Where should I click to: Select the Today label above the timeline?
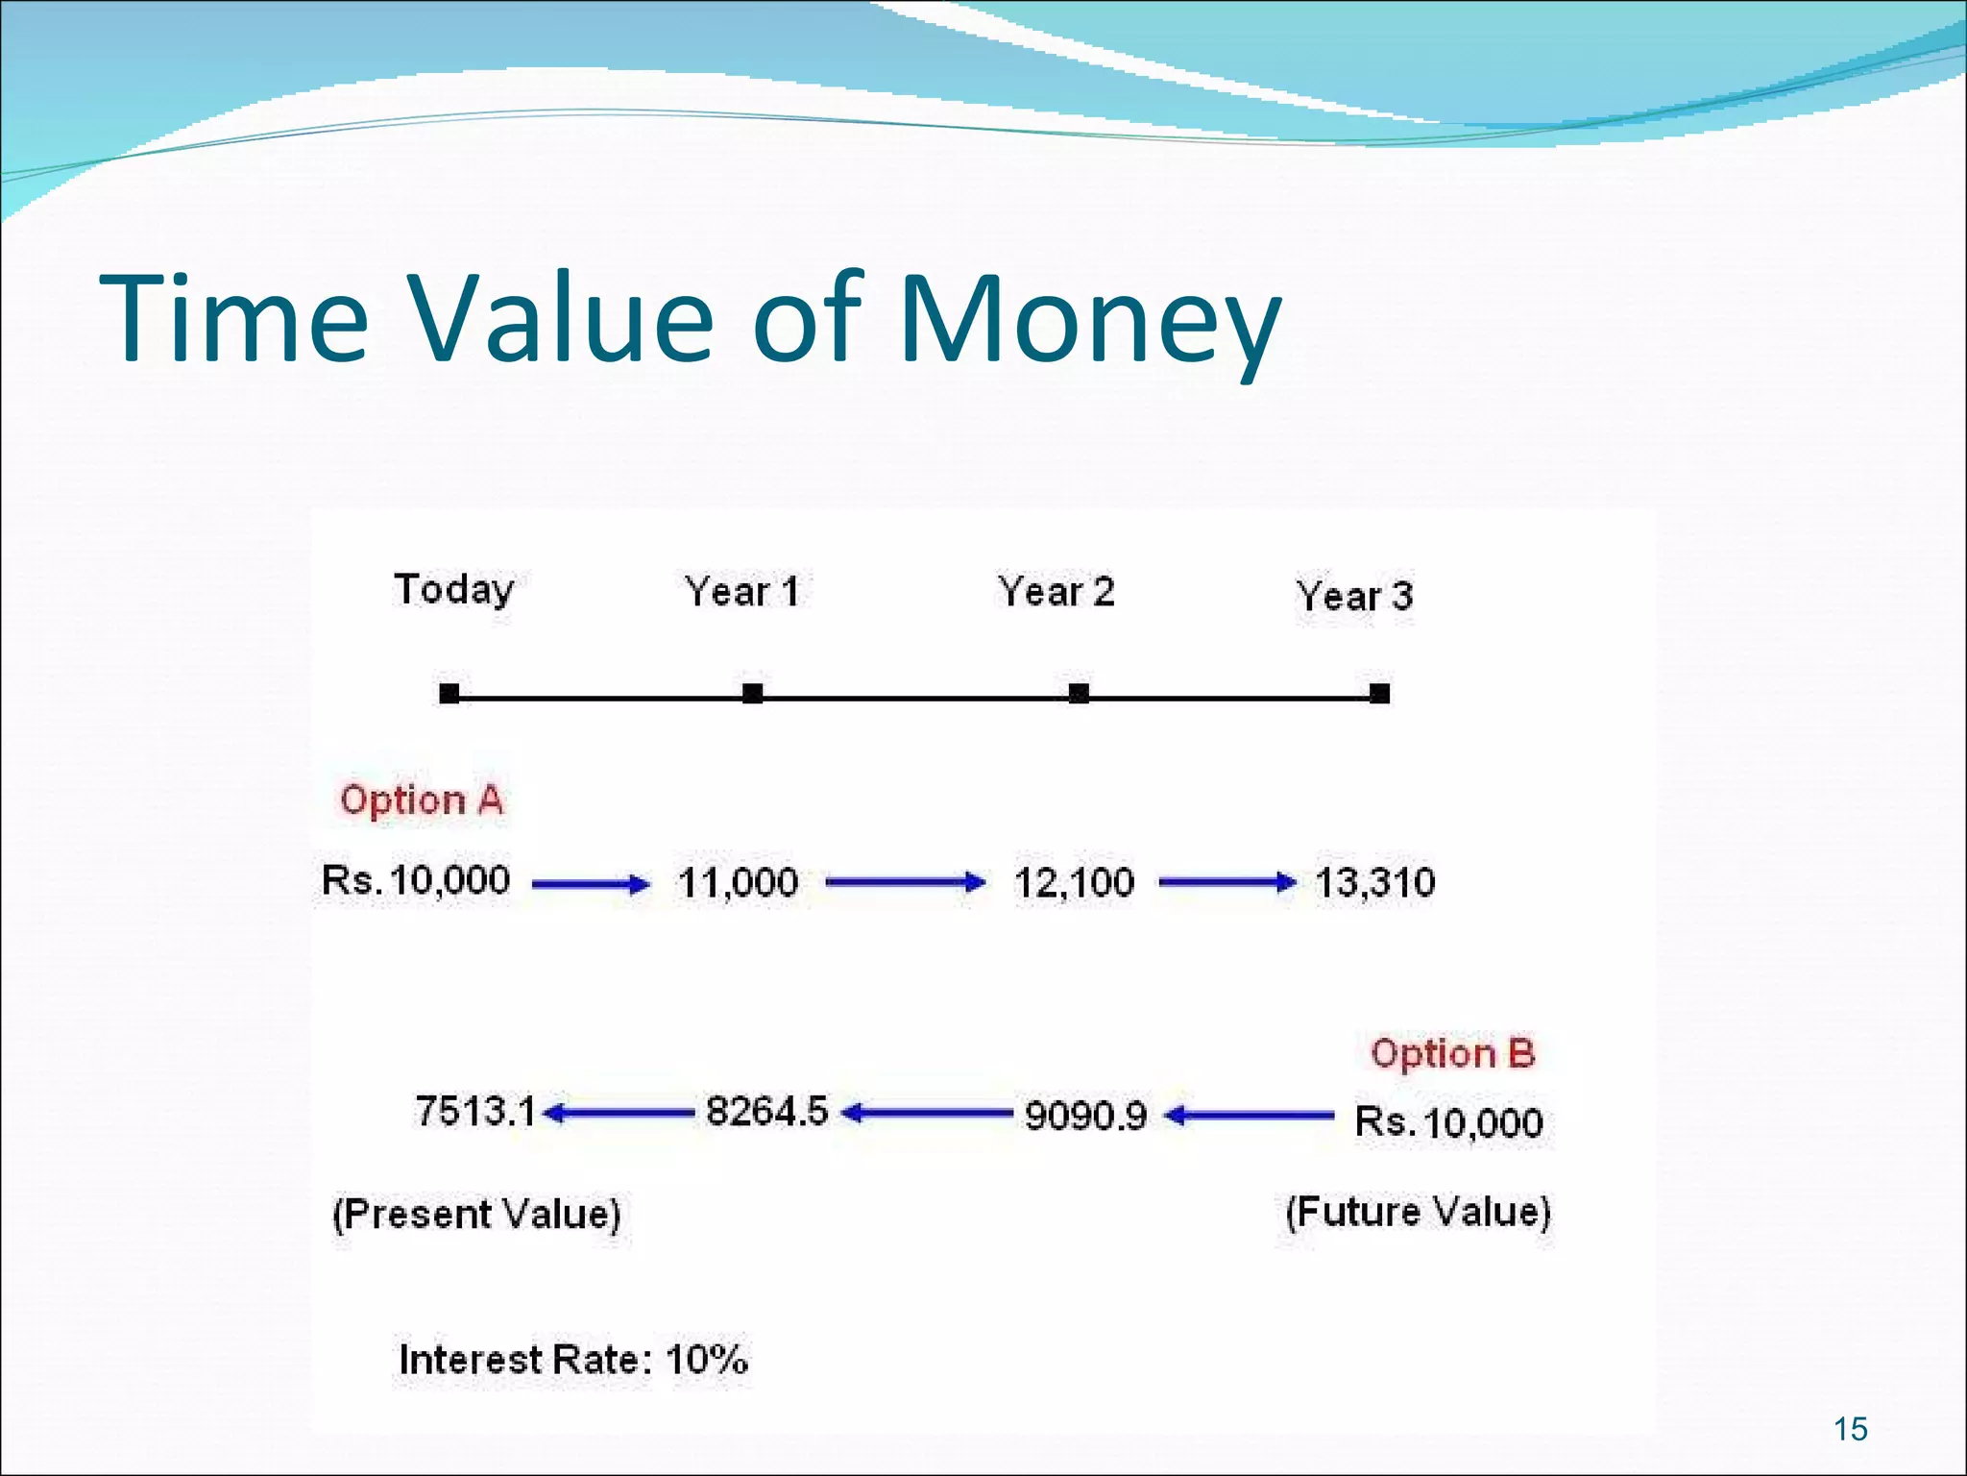(453, 589)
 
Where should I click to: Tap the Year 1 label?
(741, 591)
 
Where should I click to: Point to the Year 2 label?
(1056, 591)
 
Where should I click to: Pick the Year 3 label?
(1354, 596)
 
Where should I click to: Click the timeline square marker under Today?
(449, 693)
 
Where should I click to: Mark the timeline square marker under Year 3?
(1379, 693)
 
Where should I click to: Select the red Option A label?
(422, 799)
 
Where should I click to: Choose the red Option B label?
(1452, 1053)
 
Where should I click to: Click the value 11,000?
(738, 882)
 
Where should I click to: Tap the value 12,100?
(1074, 882)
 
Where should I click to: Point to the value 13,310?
(1374, 882)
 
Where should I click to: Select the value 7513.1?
(475, 1111)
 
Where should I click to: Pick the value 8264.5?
(766, 1111)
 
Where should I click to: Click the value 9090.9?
(1085, 1116)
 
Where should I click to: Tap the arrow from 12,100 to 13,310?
(1226, 882)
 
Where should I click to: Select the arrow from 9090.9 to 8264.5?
(926, 1114)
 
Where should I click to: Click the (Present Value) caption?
(476, 1214)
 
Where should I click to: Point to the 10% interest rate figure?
(706, 1360)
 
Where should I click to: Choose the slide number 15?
(1850, 1429)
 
